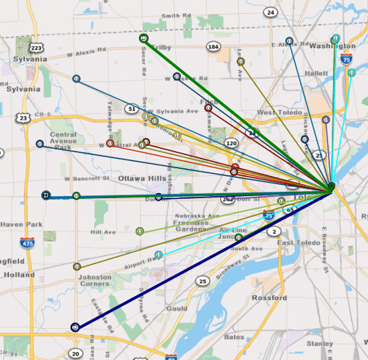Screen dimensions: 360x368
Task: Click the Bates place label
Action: pyautogui.click(x=234, y=336)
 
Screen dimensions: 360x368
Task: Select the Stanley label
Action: pyautogui.click(x=321, y=343)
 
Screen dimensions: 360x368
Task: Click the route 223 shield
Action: pyautogui.click(x=37, y=47)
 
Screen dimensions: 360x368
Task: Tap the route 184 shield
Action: pyautogui.click(x=213, y=47)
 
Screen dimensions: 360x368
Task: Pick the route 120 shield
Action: pyautogui.click(x=232, y=143)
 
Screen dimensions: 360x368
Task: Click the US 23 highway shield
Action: pyautogui.click(x=24, y=119)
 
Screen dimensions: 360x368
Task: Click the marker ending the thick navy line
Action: pyautogui.click(x=75, y=326)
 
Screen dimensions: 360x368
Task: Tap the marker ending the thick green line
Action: pyautogui.click(x=143, y=38)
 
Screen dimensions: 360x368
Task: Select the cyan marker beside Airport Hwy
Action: pyautogui.click(x=159, y=255)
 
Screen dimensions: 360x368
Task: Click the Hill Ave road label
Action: pyautogui.click(x=103, y=232)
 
